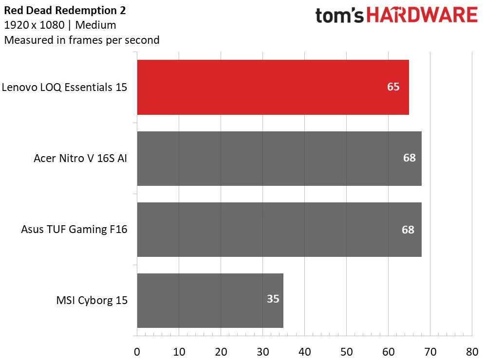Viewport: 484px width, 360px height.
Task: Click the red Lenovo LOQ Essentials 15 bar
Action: point(273,87)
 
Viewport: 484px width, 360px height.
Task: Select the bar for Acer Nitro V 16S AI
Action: point(279,159)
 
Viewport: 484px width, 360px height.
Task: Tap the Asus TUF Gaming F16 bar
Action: point(279,230)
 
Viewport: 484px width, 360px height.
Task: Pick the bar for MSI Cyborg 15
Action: point(210,301)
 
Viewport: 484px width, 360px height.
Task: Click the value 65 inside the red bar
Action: point(393,87)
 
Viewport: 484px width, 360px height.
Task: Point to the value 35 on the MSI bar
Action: point(273,299)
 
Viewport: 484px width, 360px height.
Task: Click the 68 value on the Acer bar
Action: point(410,158)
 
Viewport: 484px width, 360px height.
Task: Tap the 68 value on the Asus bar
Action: point(408,230)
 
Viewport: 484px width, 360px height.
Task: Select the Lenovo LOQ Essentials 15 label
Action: point(64,87)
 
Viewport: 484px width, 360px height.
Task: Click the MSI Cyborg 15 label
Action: point(92,300)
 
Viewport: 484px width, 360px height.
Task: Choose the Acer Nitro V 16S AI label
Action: point(80,158)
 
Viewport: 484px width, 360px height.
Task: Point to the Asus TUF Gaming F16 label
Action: point(74,229)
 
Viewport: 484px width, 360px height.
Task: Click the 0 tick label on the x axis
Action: point(137,352)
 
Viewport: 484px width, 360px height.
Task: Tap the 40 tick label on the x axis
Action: point(305,352)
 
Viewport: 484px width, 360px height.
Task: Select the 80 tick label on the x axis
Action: point(472,352)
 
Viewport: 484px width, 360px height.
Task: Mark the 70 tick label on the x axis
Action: point(430,352)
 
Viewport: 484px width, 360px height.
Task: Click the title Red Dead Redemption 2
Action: point(65,11)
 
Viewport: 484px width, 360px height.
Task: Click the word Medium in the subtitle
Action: point(96,25)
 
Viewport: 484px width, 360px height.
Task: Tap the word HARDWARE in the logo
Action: point(422,15)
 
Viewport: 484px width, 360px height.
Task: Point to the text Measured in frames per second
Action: point(82,40)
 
